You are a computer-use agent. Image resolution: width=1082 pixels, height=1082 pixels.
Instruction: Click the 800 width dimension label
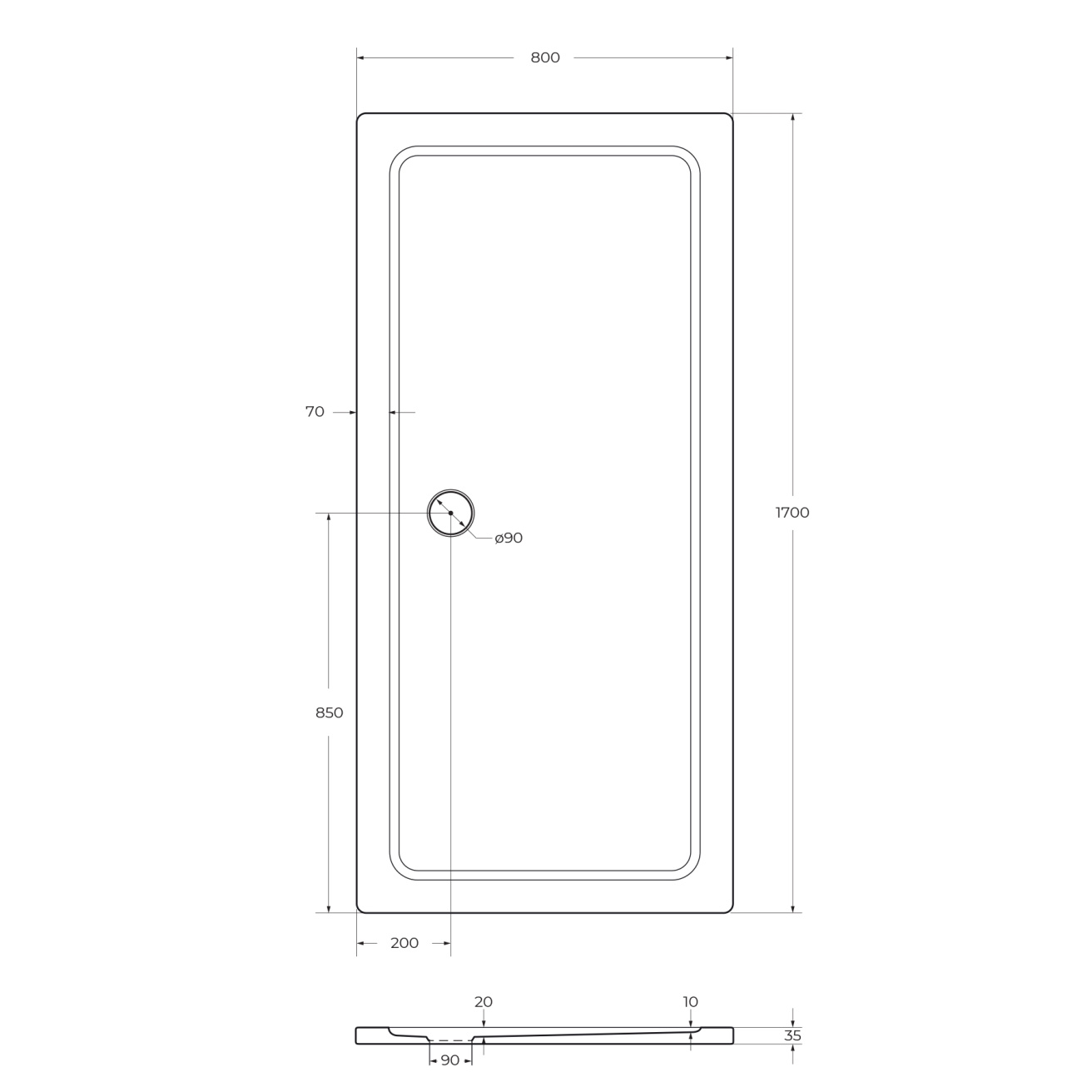[x=544, y=57]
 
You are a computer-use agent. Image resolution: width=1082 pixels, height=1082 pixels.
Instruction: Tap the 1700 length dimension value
[x=792, y=513]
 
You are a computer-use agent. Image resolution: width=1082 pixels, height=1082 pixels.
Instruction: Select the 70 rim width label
[x=315, y=412]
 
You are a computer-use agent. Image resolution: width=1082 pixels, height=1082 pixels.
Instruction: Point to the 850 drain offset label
[x=329, y=713]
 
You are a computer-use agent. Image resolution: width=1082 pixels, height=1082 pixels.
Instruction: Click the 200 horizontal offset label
[x=405, y=943]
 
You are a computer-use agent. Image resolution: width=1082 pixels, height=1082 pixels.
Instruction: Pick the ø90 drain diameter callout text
[x=509, y=538]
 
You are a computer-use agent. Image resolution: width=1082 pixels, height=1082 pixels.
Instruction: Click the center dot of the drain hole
[x=451, y=513]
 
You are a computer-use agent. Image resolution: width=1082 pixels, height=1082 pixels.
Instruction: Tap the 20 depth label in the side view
[x=484, y=1002]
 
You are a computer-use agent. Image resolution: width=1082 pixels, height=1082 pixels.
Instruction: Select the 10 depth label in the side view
[x=690, y=1002]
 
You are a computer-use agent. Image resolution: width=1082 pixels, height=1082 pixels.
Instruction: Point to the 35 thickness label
[x=792, y=1035]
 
